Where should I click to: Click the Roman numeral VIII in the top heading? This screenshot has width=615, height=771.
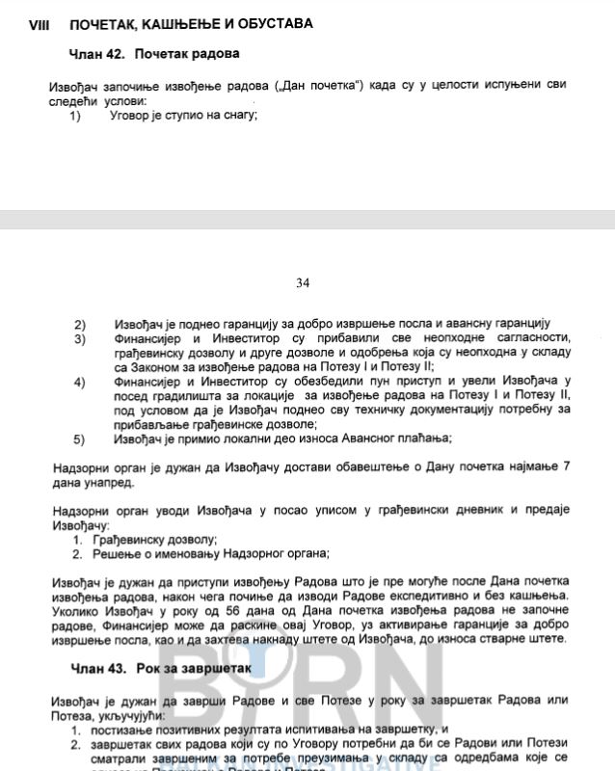[x=39, y=22]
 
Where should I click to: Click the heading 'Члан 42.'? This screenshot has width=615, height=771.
[x=97, y=53]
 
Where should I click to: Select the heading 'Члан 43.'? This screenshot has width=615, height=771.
[x=97, y=667]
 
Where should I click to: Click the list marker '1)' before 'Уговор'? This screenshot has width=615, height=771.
[x=75, y=116]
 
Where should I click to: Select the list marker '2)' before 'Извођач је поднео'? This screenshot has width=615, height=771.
[x=79, y=323]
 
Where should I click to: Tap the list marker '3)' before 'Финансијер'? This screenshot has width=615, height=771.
[x=79, y=338]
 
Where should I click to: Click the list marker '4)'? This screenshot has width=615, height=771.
[x=79, y=382]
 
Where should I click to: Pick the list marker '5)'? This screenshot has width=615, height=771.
[x=79, y=439]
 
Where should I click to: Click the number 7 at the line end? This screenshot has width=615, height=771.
[x=566, y=467]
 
